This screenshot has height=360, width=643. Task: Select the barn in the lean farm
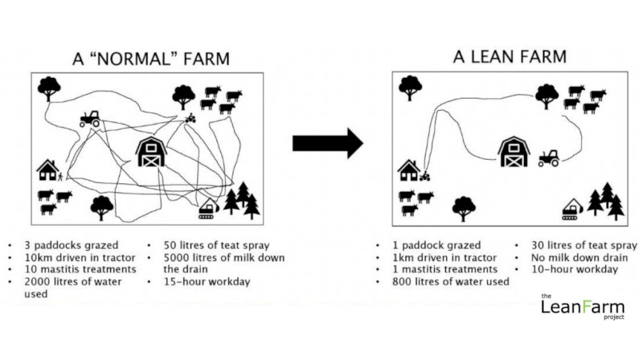512,151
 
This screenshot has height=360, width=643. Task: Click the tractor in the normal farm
90,119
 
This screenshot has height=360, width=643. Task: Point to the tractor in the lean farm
549,157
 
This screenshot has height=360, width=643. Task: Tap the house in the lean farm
408,170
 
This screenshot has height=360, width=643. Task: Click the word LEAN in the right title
505,56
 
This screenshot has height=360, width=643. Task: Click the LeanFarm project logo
577,307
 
